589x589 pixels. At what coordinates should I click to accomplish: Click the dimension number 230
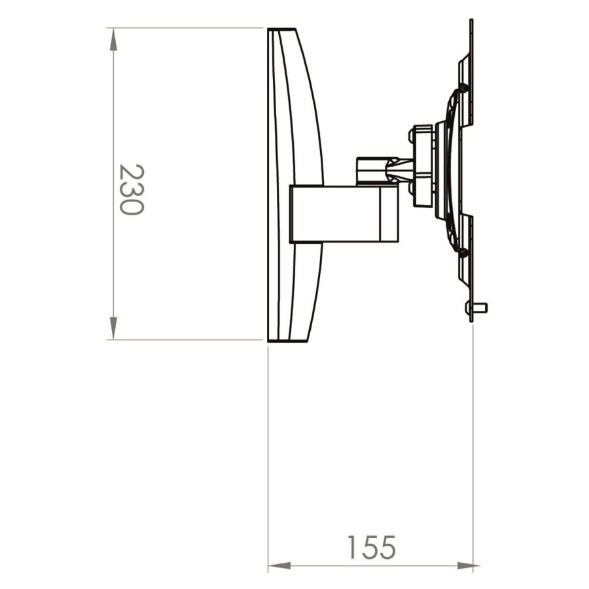(131, 190)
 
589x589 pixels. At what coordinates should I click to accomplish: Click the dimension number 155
(371, 547)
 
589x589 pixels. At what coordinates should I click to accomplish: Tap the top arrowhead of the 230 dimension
(114, 39)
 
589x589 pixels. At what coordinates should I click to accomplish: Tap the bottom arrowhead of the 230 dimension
(114, 328)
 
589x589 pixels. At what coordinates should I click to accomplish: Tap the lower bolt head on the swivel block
(412, 189)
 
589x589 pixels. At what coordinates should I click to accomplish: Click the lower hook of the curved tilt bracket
(463, 251)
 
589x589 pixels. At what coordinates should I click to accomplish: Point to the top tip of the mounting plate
(471, 24)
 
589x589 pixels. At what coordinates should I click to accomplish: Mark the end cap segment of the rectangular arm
(389, 213)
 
